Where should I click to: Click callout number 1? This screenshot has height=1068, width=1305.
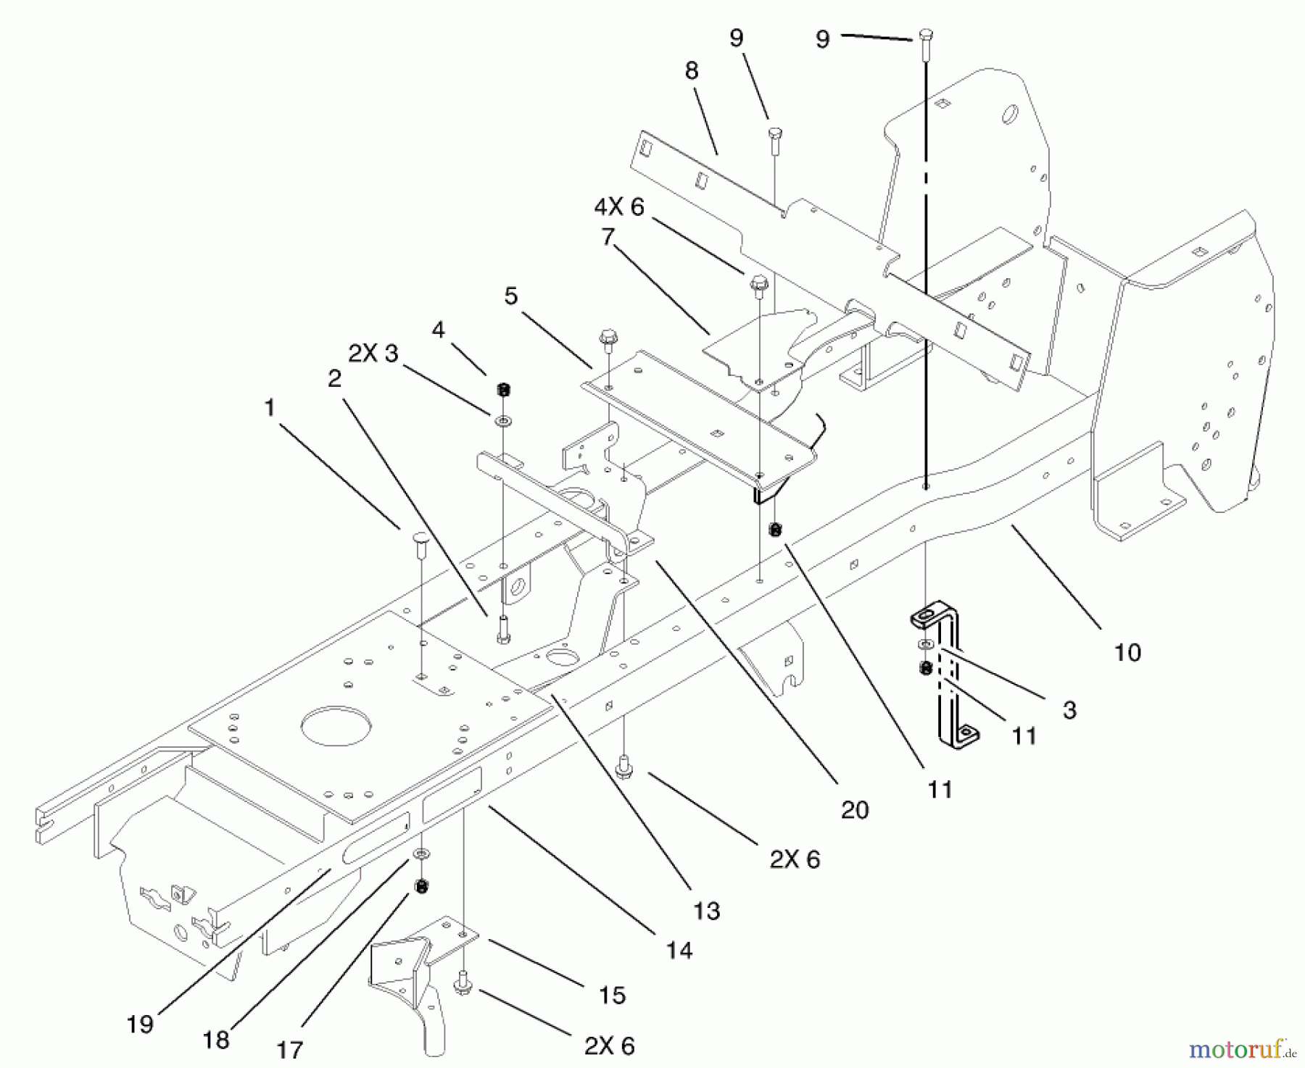270,408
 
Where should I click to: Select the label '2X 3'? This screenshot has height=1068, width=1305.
373,354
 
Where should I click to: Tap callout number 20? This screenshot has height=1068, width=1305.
854,809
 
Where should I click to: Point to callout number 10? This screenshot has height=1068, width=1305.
1127,652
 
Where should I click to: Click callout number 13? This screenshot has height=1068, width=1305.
706,911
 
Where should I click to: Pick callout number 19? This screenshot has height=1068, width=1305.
139,1024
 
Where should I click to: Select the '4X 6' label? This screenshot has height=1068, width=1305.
618,207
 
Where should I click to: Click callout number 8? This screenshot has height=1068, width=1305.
691,71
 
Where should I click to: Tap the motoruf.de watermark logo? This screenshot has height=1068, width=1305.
1244,1048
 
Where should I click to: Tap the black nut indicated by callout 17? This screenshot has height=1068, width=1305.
420,886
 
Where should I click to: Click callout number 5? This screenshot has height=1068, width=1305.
512,296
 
